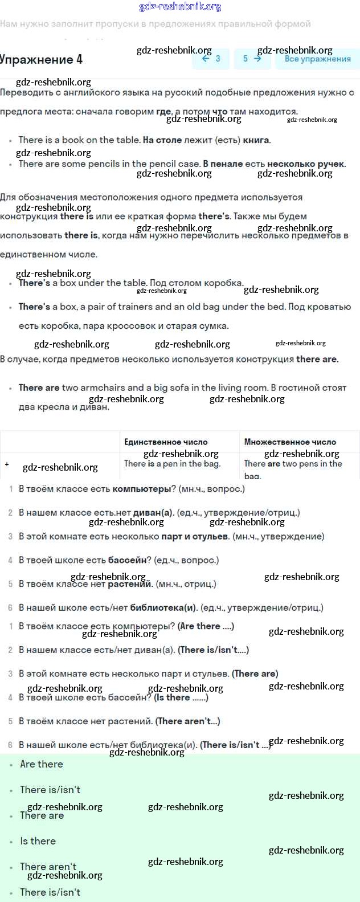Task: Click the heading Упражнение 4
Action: pyautogui.click(x=41, y=60)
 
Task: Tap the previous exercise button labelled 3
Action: pyautogui.click(x=211, y=59)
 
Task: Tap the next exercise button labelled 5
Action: pyautogui.click(x=251, y=59)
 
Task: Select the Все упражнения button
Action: pyautogui.click(x=317, y=59)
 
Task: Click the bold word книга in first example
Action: pyautogui.click(x=256, y=140)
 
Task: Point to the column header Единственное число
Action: pyautogui.click(x=166, y=442)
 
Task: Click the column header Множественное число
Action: pyautogui.click(x=290, y=442)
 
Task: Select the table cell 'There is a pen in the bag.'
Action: pyautogui.click(x=172, y=464)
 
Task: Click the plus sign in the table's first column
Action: pyautogui.click(x=7, y=464)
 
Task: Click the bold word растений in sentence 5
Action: pyautogui.click(x=130, y=584)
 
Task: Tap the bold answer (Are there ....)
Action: pyautogui.click(x=206, y=626)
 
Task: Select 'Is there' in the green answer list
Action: pyautogui.click(x=38, y=841)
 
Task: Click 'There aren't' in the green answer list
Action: pyautogui.click(x=48, y=867)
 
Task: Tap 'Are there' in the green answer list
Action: pyautogui.click(x=42, y=764)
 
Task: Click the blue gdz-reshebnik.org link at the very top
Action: pyautogui.click(x=180, y=7)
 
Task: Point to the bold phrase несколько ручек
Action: pyautogui.click(x=306, y=164)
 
